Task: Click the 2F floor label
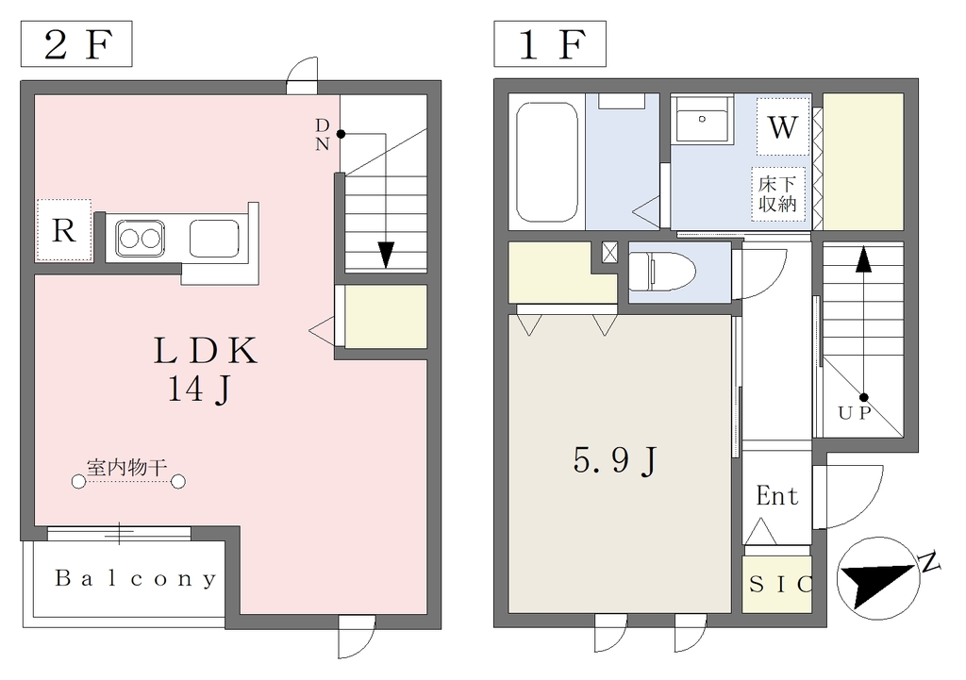(76, 43)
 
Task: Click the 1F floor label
(550, 43)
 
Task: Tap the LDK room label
(205, 351)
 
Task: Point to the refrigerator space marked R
(64, 230)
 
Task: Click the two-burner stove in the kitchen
(141, 238)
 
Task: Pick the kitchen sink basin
(214, 239)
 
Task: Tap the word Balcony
(136, 578)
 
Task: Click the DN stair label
(323, 134)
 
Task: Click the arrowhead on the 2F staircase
(386, 255)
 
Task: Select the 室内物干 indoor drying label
(127, 468)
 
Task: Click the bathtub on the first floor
(547, 162)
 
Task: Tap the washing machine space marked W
(783, 127)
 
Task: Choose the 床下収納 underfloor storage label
(777, 194)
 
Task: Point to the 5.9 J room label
(616, 461)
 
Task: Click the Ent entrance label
(777, 496)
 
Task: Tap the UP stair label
(855, 413)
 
